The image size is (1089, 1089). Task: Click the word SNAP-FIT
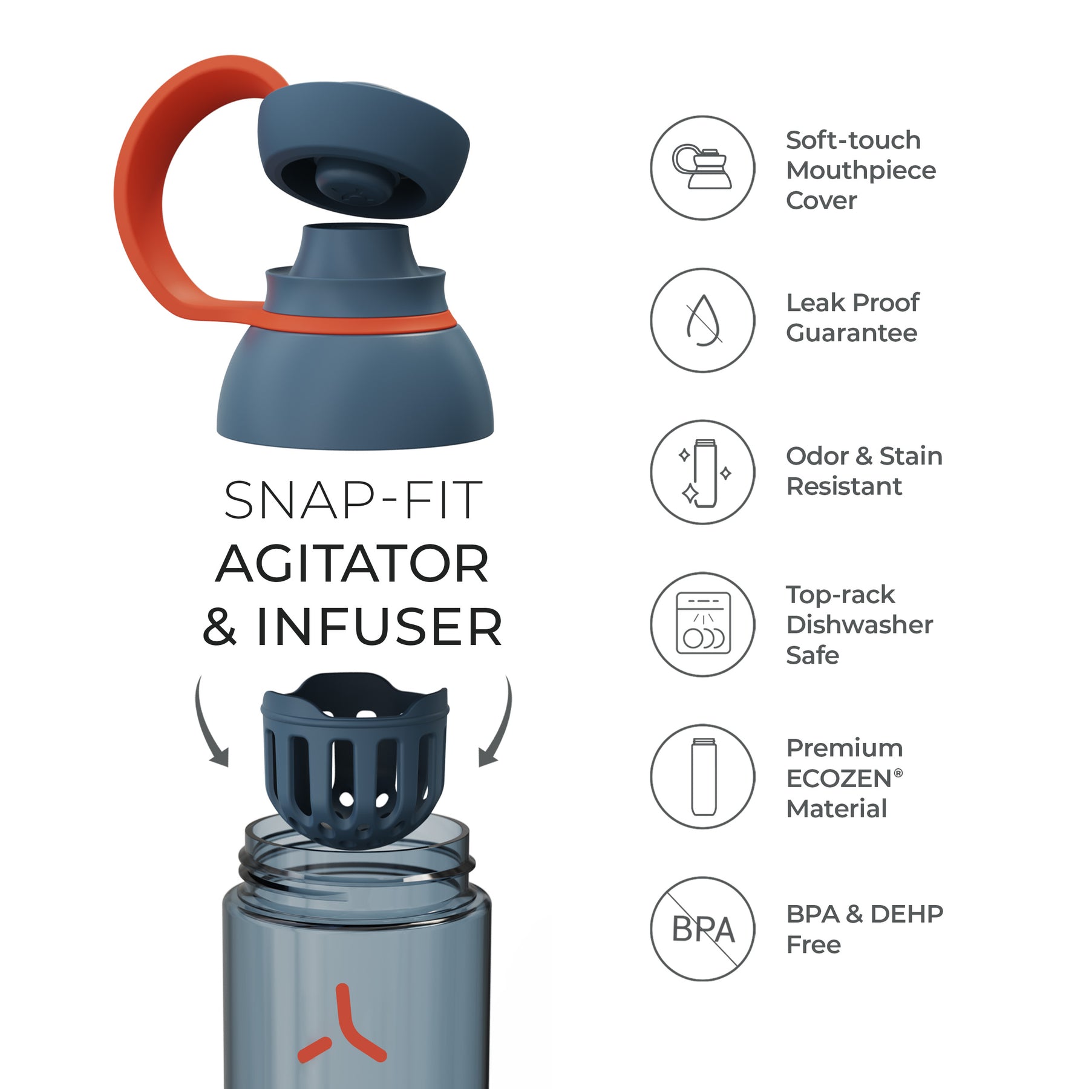click(x=353, y=500)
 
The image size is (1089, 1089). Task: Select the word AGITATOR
click(x=352, y=563)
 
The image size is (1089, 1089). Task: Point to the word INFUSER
click(x=379, y=627)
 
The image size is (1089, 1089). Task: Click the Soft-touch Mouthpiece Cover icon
click(x=702, y=168)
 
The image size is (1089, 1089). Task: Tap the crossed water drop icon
click(x=702, y=320)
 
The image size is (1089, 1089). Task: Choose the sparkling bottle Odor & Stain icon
click(x=702, y=473)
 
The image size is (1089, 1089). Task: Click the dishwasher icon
click(x=702, y=624)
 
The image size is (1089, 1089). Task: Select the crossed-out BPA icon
click(x=702, y=929)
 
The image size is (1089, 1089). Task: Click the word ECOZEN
click(x=839, y=779)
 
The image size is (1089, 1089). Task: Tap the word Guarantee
click(x=851, y=333)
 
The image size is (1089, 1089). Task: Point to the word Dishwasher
click(x=860, y=624)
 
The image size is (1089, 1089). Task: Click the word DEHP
click(x=906, y=914)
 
